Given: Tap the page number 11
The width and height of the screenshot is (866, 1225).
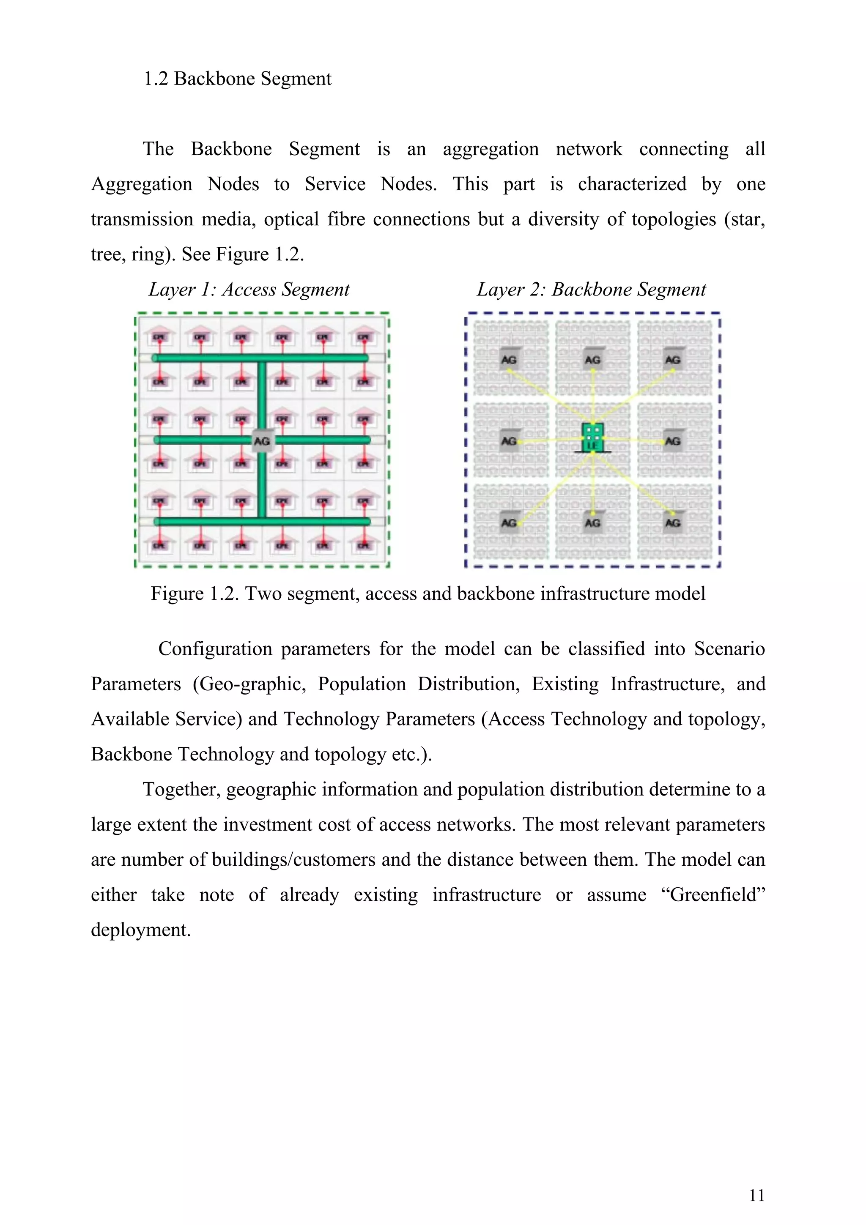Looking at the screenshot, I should (x=756, y=1195).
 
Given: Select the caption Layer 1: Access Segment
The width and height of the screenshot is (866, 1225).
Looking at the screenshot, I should (x=249, y=289).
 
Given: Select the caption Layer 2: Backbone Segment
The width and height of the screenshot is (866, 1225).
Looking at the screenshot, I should (x=591, y=289).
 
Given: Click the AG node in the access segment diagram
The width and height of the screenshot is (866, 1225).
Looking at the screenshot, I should (x=261, y=441).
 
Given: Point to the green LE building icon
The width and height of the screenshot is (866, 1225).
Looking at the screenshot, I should (x=592, y=438).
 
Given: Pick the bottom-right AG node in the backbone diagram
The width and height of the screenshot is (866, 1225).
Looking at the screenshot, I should (x=672, y=522).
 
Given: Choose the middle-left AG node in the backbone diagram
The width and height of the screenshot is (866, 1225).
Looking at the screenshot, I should (x=509, y=441).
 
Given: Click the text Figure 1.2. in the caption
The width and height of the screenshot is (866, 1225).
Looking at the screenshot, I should (x=193, y=593).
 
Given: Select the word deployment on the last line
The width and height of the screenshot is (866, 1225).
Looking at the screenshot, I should (x=140, y=930).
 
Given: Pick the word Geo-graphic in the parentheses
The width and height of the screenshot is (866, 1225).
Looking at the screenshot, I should (x=249, y=684).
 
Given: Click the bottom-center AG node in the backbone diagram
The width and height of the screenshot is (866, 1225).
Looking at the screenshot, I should (x=592, y=522).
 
